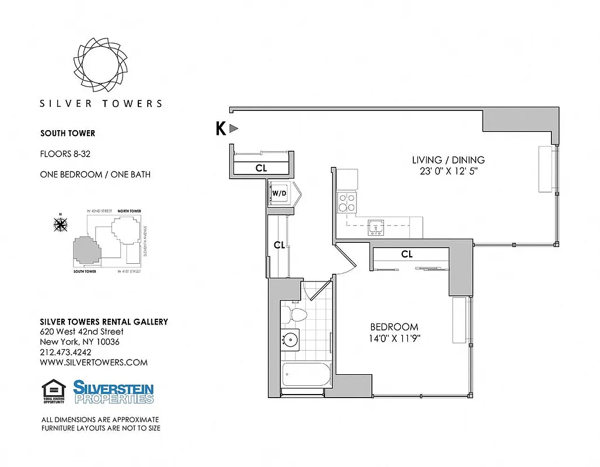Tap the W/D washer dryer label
coord(278,193)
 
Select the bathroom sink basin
coord(290,339)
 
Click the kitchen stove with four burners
coord(347,201)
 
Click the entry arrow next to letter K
coord(234,128)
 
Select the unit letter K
coord(221,128)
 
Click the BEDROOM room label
coord(395,327)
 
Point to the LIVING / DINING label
coord(448,160)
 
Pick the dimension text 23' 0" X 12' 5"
coord(448,172)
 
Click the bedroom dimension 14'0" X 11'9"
coord(395,339)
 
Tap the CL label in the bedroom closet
coord(407,255)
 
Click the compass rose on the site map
coord(60,224)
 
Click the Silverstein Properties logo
coord(113,392)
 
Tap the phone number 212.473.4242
coord(65,352)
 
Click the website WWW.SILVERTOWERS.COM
coord(93,363)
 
